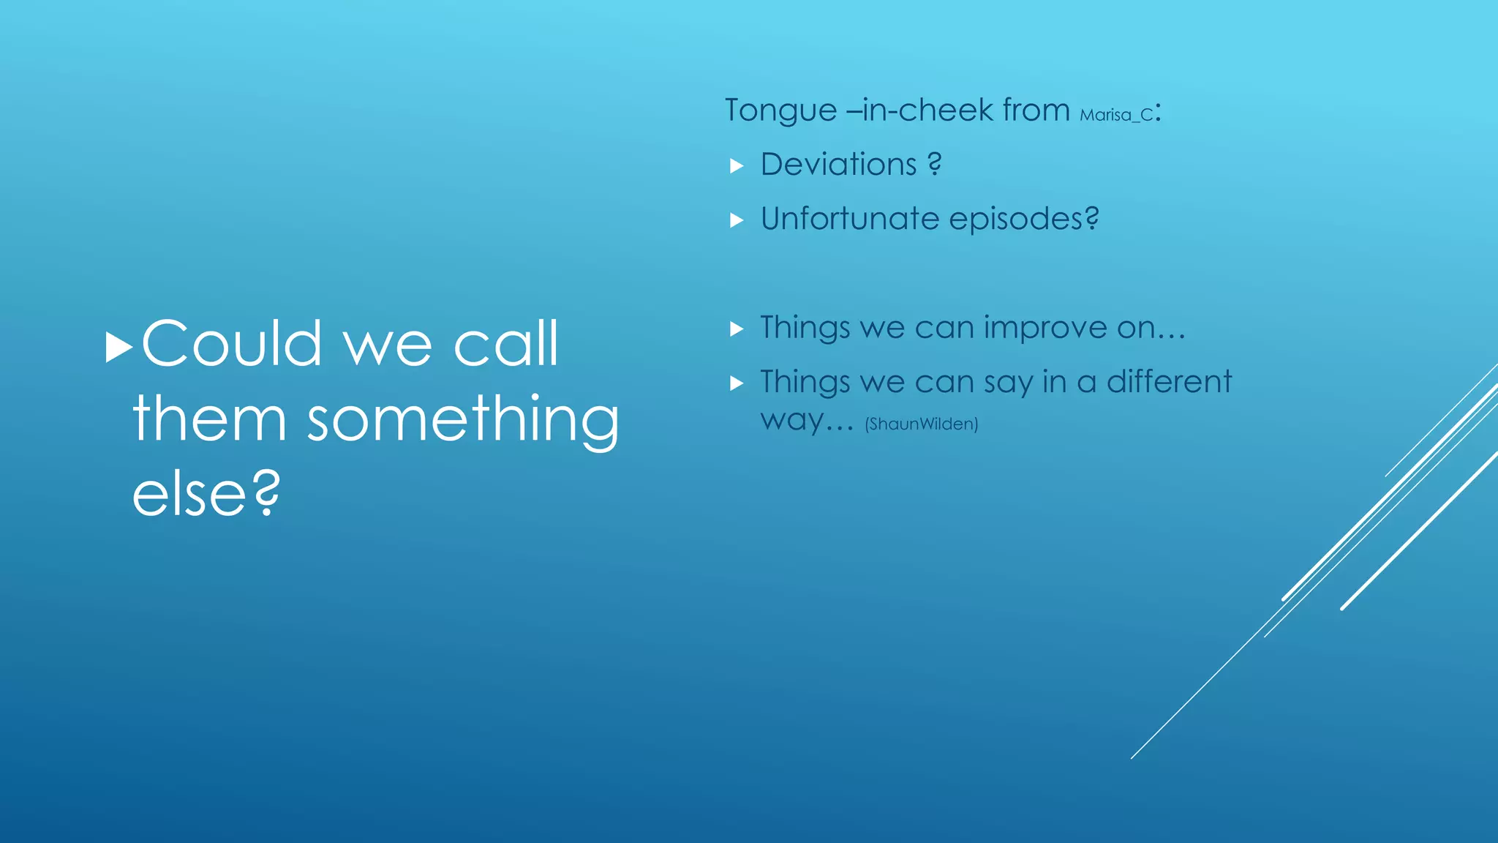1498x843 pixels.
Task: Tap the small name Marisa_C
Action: tap(1116, 115)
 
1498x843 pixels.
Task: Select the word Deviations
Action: tap(838, 165)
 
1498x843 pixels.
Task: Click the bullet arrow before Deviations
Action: tap(737, 166)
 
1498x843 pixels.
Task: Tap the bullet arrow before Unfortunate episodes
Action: tap(737, 220)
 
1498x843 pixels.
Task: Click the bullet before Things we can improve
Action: tap(737, 329)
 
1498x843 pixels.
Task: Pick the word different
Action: tap(1169, 382)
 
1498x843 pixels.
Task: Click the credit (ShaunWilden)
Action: tap(921, 424)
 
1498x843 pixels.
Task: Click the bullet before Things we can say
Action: tap(737, 383)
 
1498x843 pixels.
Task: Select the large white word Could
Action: tap(231, 344)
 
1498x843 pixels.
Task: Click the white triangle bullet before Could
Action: tap(118, 348)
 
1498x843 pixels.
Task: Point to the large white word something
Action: tap(462, 421)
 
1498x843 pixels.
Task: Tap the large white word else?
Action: tap(206, 495)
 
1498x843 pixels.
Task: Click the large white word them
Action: tap(209, 419)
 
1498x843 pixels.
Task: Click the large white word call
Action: tap(505, 344)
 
